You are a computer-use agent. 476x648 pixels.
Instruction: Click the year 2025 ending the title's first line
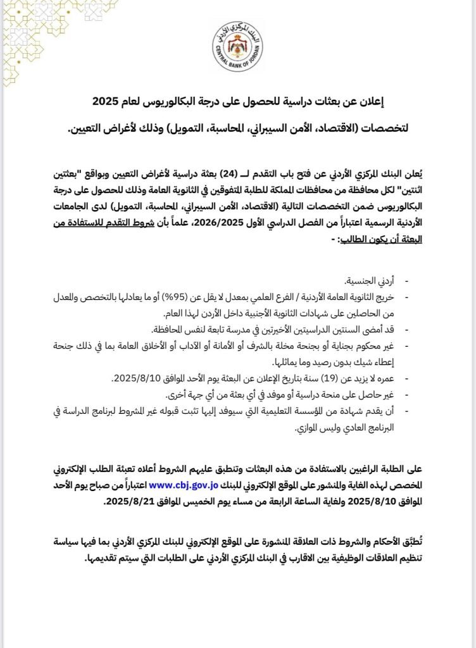pyautogui.click(x=102, y=101)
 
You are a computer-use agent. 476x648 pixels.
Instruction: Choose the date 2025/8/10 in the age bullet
pyautogui.click(x=135, y=379)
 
